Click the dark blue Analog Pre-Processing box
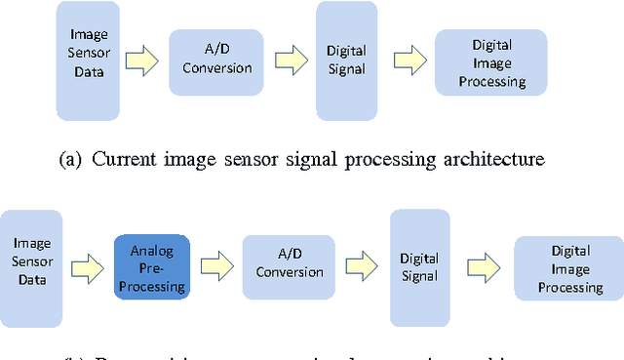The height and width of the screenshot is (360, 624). click(151, 266)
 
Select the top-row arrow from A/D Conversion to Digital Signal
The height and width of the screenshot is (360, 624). click(289, 62)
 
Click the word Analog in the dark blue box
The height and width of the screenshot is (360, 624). click(151, 251)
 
